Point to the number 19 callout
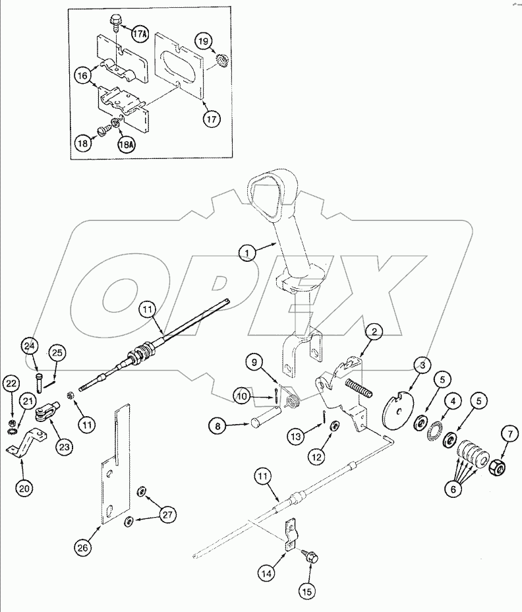pyautogui.click(x=204, y=42)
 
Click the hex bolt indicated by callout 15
pyautogui.click(x=311, y=557)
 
